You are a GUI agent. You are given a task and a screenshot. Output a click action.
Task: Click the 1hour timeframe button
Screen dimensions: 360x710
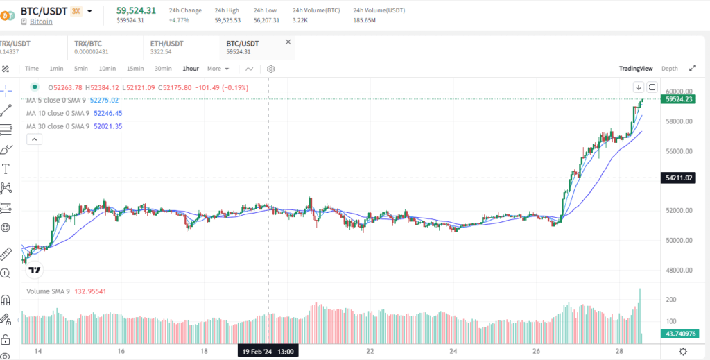click(x=191, y=69)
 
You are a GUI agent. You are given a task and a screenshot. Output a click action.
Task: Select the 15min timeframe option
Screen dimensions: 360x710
click(x=135, y=69)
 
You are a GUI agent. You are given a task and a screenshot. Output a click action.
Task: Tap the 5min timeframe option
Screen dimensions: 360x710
click(x=81, y=69)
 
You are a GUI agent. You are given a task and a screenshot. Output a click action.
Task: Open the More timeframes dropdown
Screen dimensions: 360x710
click(x=218, y=69)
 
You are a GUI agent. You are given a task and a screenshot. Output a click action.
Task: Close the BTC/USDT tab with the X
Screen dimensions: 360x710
click(x=288, y=42)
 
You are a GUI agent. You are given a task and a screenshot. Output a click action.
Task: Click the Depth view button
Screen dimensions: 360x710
click(x=669, y=69)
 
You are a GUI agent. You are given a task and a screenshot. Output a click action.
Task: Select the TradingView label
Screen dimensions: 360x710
click(x=636, y=69)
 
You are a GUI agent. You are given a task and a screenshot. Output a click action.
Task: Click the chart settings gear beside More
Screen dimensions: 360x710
click(x=270, y=69)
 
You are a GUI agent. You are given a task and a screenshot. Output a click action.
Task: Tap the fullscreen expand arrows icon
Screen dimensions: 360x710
click(x=692, y=68)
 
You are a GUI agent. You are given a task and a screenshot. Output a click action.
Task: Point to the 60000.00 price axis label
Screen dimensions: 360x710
click(x=679, y=92)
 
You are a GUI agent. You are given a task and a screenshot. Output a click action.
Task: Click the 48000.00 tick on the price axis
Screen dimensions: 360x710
click(x=679, y=271)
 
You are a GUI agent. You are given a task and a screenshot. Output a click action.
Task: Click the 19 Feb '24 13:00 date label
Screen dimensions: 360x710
click(x=268, y=352)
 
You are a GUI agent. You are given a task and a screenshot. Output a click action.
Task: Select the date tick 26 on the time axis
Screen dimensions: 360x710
click(x=536, y=352)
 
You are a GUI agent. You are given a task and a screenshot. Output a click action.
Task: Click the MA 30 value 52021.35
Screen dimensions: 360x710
click(x=108, y=126)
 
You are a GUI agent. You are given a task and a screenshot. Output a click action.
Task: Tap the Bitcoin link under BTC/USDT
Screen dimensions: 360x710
click(x=41, y=22)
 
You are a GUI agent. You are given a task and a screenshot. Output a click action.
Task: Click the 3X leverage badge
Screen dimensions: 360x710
click(x=76, y=11)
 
